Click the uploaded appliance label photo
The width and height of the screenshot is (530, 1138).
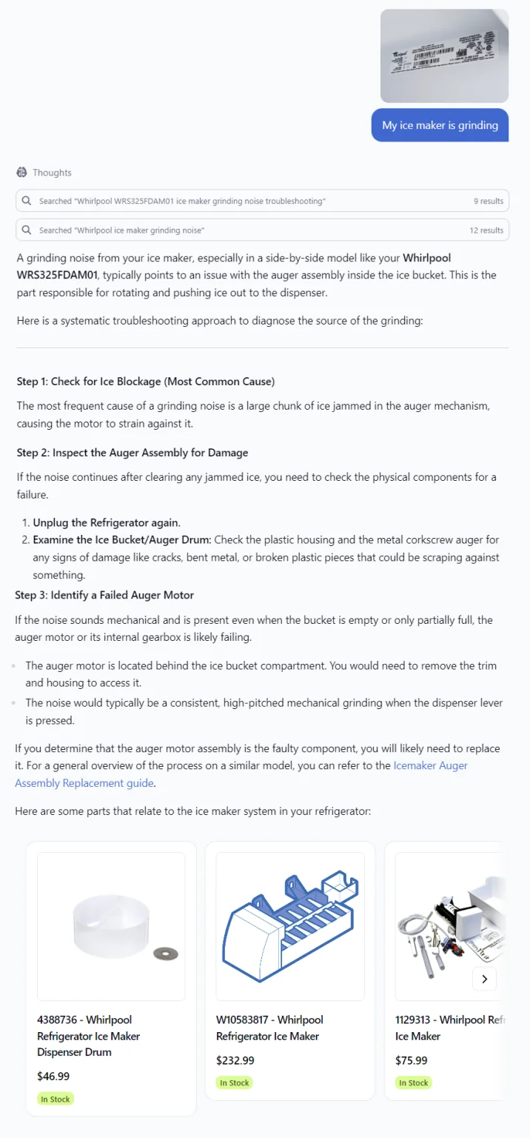(x=444, y=56)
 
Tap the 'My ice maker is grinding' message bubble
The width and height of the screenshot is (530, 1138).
(x=440, y=125)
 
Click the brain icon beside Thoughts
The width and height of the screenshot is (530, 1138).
(x=21, y=173)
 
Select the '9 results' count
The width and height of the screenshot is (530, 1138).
(x=489, y=201)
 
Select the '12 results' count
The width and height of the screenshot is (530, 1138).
(x=486, y=230)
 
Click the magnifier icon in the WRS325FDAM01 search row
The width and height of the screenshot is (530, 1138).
(x=27, y=201)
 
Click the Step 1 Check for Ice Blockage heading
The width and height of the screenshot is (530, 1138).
(x=146, y=382)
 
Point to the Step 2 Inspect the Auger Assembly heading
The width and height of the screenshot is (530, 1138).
(x=132, y=453)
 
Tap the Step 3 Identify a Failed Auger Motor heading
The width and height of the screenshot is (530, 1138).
(x=104, y=595)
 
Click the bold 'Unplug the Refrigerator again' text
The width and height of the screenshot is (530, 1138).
(x=107, y=522)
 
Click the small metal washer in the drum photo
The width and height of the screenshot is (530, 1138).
(x=165, y=954)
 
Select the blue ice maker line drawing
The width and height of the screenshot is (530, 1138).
(x=289, y=926)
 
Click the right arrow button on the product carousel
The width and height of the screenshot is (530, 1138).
(x=484, y=979)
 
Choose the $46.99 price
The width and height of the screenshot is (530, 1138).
(x=53, y=1077)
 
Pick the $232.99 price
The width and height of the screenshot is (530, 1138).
(x=235, y=1060)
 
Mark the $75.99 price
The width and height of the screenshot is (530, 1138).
(x=412, y=1060)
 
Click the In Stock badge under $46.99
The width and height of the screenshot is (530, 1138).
(x=56, y=1099)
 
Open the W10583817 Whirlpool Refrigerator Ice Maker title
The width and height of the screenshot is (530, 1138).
(x=269, y=1028)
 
